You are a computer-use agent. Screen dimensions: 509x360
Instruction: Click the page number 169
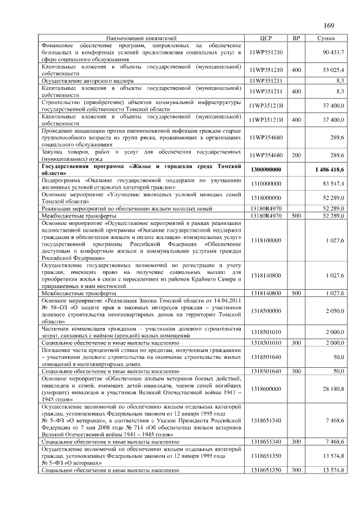click(329, 25)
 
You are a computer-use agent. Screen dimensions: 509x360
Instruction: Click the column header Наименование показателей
click(141, 38)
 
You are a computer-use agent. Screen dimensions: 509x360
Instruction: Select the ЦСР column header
click(266, 38)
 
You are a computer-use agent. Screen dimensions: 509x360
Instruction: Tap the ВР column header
click(296, 38)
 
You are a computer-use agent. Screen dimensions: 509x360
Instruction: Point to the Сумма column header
click(326, 38)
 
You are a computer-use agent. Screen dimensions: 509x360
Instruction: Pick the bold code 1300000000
click(266, 170)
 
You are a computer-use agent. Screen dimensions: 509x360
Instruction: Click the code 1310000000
click(266, 184)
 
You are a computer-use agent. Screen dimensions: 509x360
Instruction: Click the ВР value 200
click(296, 155)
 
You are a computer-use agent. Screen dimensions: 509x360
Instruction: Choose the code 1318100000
click(266, 240)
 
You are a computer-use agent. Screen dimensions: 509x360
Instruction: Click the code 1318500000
click(266, 310)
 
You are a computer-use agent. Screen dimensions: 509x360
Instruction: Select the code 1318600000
click(266, 389)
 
